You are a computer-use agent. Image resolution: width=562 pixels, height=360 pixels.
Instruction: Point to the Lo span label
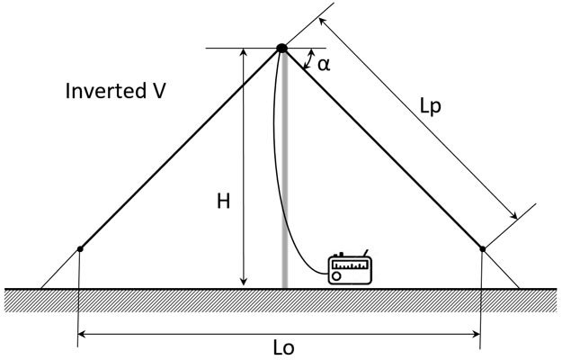click(283, 347)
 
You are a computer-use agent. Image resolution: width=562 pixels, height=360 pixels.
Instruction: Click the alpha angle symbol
click(324, 64)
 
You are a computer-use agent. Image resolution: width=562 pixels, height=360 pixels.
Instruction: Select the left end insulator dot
click(80, 249)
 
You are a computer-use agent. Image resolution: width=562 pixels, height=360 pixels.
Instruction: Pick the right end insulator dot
click(483, 249)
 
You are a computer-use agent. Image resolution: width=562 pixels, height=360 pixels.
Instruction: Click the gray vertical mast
click(285, 180)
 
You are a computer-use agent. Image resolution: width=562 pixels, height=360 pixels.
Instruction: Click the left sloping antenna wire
click(180, 149)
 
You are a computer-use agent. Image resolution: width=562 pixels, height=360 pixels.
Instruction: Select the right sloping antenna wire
click(382, 148)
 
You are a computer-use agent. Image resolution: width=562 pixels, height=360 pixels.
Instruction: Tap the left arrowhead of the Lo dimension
click(83, 335)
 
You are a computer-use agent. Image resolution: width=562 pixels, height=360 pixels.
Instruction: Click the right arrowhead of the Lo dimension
click(477, 335)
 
